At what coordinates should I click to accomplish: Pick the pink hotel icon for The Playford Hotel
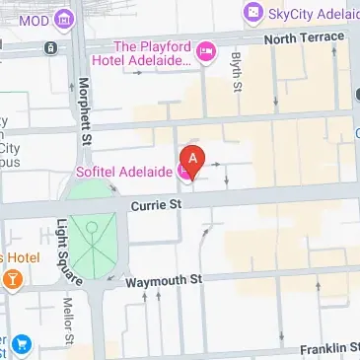(206, 51)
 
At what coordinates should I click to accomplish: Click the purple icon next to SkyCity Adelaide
(252, 15)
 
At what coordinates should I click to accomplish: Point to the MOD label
(34, 19)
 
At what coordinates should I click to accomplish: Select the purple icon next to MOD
(65, 19)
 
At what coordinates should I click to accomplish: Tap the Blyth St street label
(238, 72)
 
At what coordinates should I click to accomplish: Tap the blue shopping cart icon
(22, 346)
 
